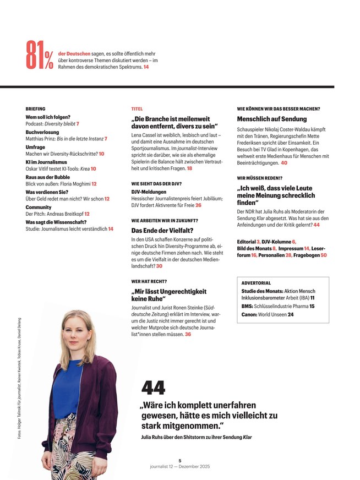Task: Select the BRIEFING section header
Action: click(35, 109)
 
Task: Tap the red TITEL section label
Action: click(137, 109)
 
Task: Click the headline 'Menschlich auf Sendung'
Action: click(272, 119)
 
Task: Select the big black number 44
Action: click(153, 388)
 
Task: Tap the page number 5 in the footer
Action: click(180, 461)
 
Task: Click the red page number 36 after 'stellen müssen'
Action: click(188, 334)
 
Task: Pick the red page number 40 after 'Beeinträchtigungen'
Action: click(284, 163)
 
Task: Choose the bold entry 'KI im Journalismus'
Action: click(46, 162)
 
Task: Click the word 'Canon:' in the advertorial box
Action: click(250, 314)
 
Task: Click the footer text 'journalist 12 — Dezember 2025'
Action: click(180, 467)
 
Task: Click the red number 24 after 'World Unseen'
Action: click(291, 314)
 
